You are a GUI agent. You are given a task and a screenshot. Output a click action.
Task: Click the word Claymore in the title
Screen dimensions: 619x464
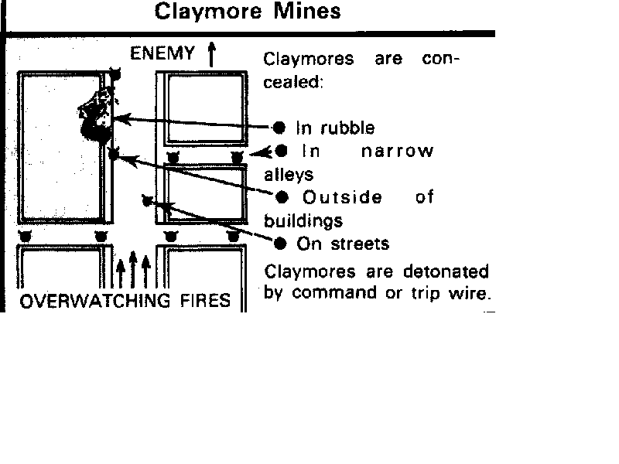[x=207, y=12]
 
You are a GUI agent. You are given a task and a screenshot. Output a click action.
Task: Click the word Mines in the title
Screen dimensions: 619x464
[x=306, y=11]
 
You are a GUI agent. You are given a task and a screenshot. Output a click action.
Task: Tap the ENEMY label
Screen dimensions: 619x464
[x=162, y=53]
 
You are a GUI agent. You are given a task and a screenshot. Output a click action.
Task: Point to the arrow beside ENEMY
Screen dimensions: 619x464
[x=211, y=54]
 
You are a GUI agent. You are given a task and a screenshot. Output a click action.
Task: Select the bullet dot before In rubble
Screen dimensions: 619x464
[x=279, y=128]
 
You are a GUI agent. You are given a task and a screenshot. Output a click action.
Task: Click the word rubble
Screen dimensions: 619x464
[x=347, y=128]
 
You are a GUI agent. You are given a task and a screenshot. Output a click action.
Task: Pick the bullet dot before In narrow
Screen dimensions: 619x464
[x=281, y=151]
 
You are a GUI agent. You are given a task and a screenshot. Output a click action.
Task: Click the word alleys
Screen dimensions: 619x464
[x=289, y=174]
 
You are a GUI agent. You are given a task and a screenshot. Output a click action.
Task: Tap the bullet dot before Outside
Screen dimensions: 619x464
[x=282, y=197]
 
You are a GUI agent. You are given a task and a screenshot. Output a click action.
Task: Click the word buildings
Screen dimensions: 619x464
[x=303, y=220]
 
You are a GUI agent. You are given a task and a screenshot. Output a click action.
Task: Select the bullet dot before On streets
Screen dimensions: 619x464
[x=280, y=244]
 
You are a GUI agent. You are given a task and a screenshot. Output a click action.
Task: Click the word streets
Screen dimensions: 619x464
[x=360, y=244]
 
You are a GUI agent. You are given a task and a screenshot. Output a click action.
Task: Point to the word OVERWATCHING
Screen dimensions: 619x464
[x=95, y=301]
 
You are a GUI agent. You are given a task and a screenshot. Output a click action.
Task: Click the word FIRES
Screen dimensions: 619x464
[x=205, y=301]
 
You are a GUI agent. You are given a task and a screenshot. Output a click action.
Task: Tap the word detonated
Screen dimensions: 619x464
[x=446, y=271]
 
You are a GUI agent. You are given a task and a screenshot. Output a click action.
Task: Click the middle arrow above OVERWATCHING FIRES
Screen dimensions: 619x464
[x=133, y=269]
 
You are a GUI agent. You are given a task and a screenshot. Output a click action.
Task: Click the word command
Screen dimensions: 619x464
[x=334, y=293]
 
